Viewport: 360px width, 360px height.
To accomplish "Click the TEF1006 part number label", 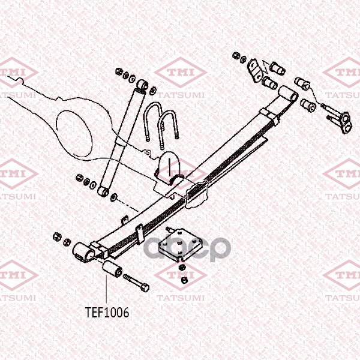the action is (x=107, y=312).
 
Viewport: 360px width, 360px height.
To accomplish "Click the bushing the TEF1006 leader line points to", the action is (x=110, y=269).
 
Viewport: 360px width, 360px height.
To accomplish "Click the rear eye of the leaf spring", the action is (x=287, y=93).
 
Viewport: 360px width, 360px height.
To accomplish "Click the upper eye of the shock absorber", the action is (x=143, y=83).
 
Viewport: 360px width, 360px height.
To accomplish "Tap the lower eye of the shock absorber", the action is (x=103, y=191).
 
